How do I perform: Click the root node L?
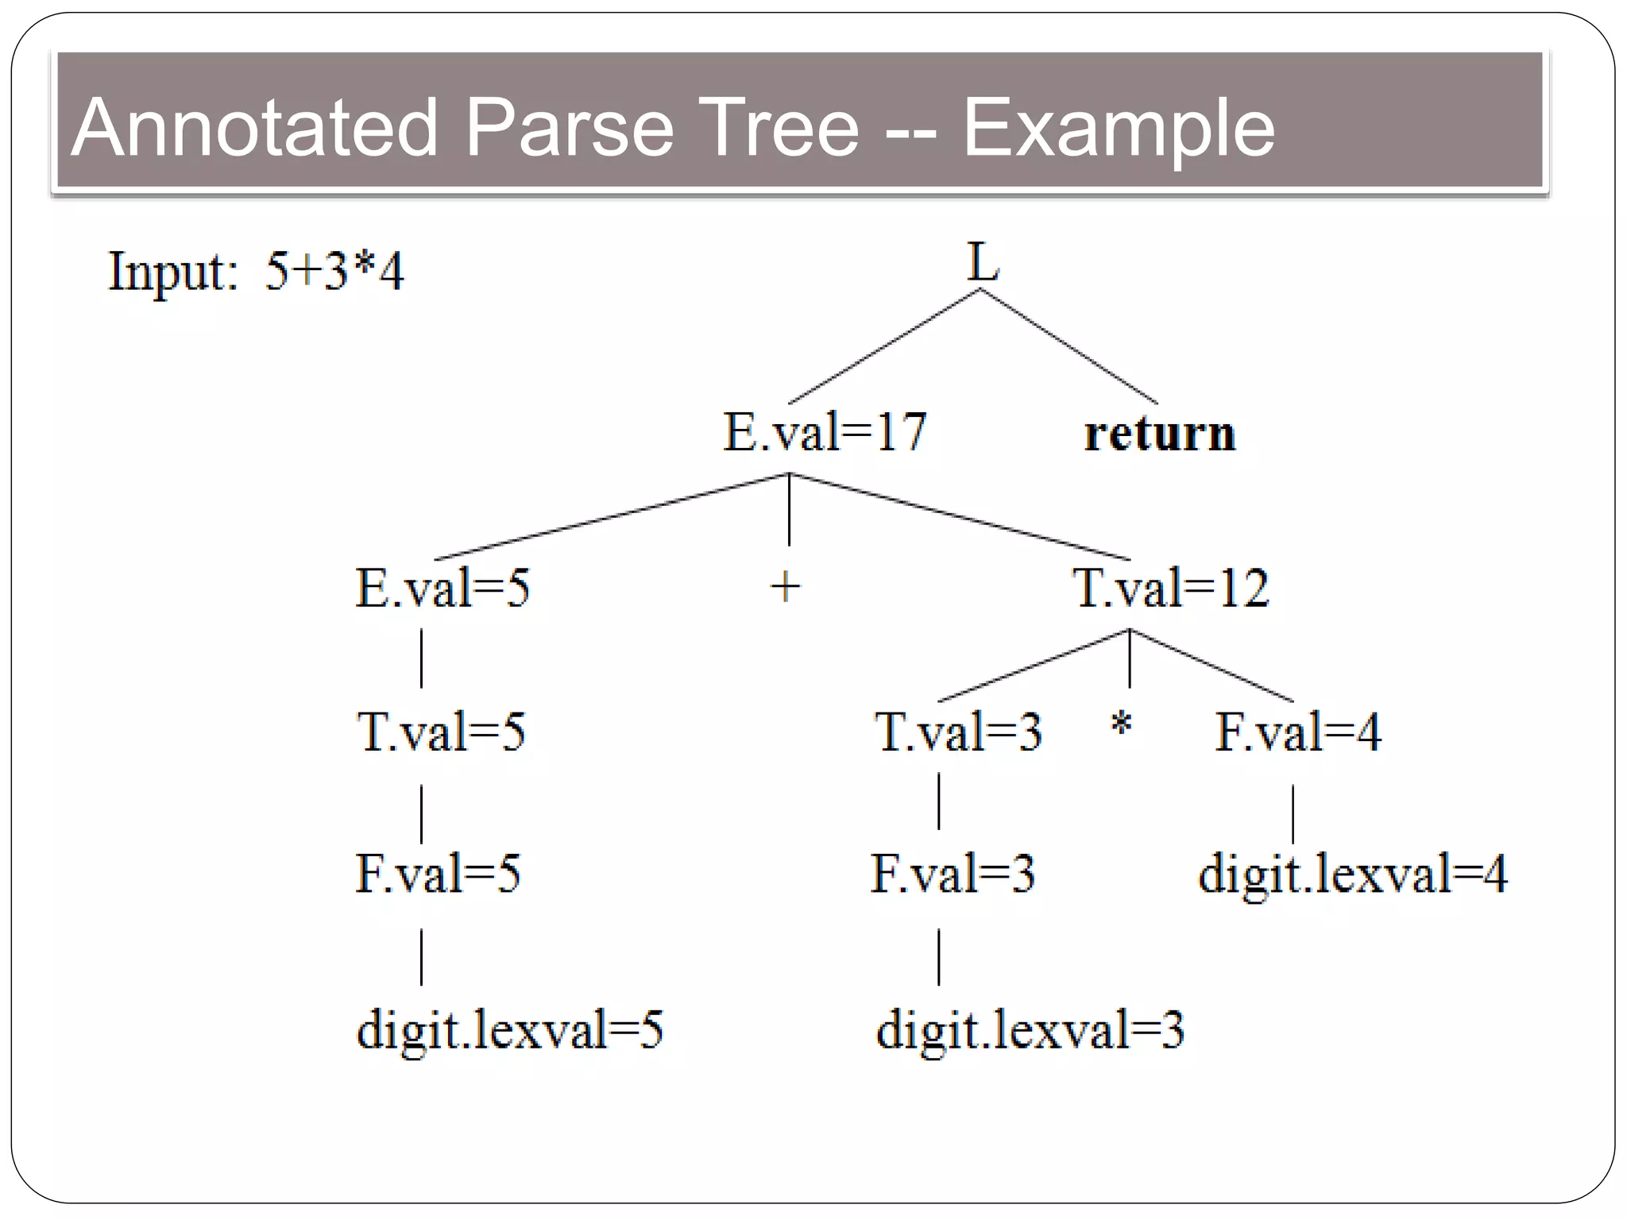982,262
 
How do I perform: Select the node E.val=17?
825,433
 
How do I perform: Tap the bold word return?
1160,434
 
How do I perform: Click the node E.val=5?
442,589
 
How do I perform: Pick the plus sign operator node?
786,588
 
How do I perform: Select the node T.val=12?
1171,589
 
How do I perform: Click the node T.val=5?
441,732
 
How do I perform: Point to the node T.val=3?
958,732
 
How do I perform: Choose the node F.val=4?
1298,732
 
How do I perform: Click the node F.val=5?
438,874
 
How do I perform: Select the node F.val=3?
953,874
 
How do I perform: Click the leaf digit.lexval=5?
509,1031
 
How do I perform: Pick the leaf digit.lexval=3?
1030,1031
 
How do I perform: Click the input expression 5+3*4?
334,272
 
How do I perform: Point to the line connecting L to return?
1069,347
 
